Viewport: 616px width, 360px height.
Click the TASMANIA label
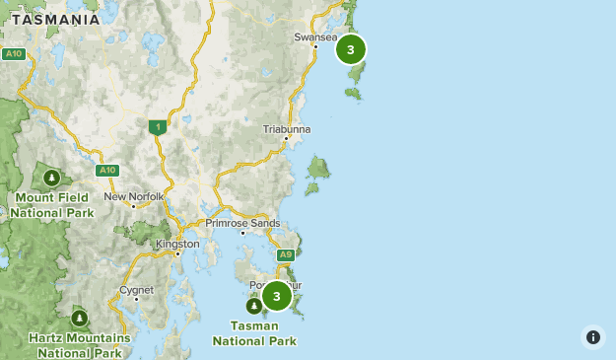(55, 20)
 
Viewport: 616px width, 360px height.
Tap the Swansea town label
(314, 37)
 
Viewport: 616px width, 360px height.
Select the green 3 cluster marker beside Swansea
(351, 49)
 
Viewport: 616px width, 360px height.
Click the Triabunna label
(287, 129)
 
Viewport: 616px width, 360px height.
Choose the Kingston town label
(177, 244)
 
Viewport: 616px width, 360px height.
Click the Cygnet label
(136, 290)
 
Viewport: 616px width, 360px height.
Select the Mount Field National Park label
(53, 204)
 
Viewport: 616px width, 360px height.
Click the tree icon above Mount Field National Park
(51, 178)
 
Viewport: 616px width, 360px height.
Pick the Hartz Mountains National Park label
(79, 344)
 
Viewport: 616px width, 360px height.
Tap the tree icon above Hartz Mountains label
(79, 318)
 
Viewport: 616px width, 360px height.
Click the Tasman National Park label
(253, 332)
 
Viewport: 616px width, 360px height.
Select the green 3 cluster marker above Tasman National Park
(277, 296)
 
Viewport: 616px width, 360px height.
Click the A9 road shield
(286, 254)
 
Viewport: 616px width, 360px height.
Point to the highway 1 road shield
(157, 126)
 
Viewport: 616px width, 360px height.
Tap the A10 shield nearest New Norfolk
(107, 170)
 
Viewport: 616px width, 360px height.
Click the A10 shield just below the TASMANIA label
(14, 53)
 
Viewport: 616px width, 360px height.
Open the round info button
(592, 336)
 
